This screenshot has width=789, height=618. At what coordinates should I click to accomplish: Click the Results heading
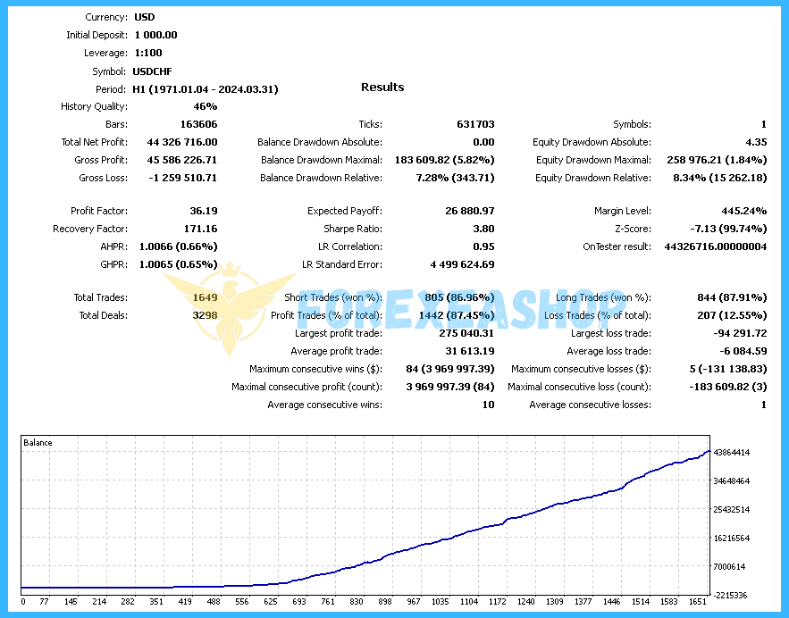click(382, 88)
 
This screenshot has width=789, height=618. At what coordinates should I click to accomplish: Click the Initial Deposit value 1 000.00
click(156, 36)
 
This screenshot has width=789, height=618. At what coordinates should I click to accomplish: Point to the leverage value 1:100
click(149, 54)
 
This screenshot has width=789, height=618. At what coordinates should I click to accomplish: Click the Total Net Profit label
click(94, 143)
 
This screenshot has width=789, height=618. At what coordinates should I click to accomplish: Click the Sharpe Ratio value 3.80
click(483, 230)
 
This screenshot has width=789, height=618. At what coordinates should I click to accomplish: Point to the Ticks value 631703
click(474, 125)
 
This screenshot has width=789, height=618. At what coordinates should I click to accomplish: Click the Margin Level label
click(623, 212)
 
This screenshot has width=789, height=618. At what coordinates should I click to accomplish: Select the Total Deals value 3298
click(205, 315)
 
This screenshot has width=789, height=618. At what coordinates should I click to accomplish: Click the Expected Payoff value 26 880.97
click(470, 212)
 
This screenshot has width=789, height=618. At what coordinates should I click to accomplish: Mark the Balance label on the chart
click(38, 443)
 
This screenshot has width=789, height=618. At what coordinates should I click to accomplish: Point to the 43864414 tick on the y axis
click(732, 453)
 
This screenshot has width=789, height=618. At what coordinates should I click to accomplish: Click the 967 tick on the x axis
click(414, 602)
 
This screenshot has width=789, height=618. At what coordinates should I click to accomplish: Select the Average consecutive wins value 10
click(488, 405)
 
